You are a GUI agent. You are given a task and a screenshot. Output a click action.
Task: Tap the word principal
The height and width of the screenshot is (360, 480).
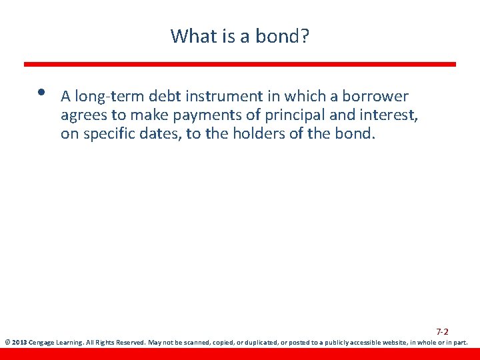pos(276,116)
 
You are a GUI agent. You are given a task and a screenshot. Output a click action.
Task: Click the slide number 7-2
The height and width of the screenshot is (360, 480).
pos(442,331)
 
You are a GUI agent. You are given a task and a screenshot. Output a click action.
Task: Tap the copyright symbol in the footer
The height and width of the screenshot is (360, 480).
pos(7,343)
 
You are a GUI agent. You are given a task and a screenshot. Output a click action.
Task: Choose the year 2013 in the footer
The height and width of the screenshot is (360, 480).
pos(18,343)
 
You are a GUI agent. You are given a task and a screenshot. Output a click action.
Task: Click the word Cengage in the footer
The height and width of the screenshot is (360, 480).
pos(42,343)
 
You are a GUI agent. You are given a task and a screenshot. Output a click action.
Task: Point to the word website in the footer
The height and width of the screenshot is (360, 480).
pos(393,343)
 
